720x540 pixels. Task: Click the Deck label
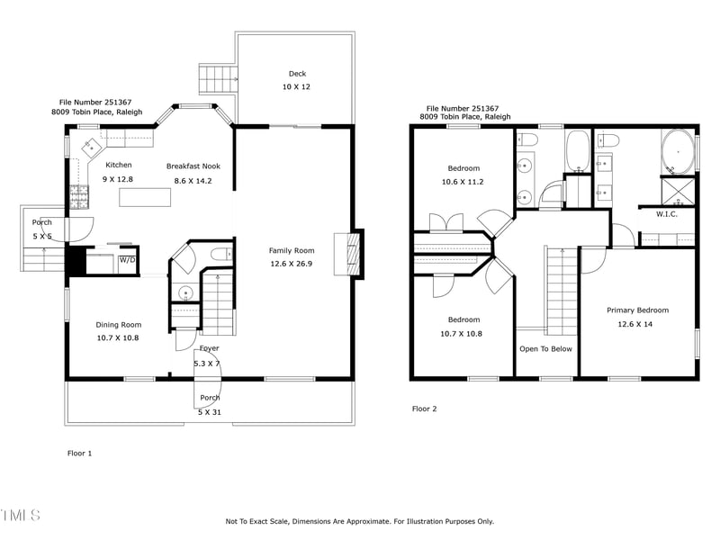tap(297, 74)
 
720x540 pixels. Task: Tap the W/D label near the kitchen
tap(127, 260)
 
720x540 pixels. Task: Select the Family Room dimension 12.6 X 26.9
tap(292, 265)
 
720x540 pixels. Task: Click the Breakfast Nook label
tap(193, 166)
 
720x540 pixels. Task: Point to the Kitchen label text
tap(118, 165)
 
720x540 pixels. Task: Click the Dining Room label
tap(118, 325)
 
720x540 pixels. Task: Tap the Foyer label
tap(209, 348)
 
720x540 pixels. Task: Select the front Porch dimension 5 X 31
tap(209, 412)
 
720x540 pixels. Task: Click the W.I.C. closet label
tap(666, 214)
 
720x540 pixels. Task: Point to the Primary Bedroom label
tap(637, 310)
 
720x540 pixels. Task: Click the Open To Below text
tap(545, 349)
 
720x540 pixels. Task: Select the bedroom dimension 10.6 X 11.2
tap(463, 182)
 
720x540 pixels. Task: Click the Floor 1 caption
tap(80, 454)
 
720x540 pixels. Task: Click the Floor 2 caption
tap(424, 409)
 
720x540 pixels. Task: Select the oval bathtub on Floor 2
tap(678, 150)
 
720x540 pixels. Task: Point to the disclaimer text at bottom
tap(359, 521)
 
